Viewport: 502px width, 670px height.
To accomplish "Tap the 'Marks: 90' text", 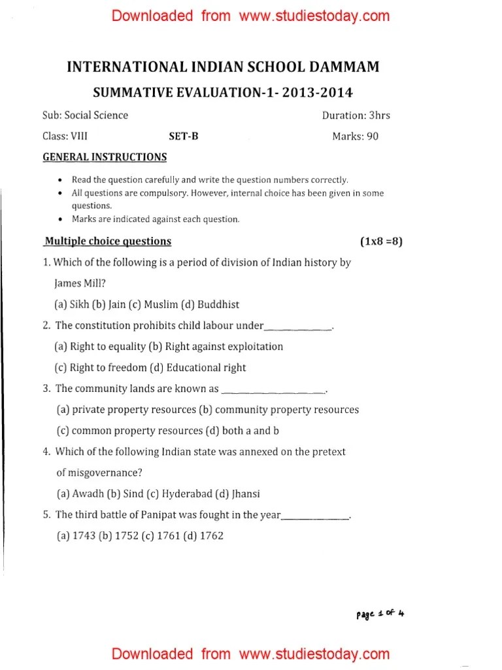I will coord(355,137).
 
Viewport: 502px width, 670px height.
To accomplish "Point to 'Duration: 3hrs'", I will coord(356,115).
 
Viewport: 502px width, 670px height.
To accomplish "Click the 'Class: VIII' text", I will coord(65,137).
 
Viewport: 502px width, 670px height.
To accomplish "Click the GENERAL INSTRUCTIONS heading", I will coord(105,157).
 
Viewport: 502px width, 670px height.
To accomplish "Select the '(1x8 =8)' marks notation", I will coord(382,241).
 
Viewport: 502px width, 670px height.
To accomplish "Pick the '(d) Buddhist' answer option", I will coord(213,304).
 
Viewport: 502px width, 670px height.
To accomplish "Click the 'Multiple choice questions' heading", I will coord(107,241).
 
